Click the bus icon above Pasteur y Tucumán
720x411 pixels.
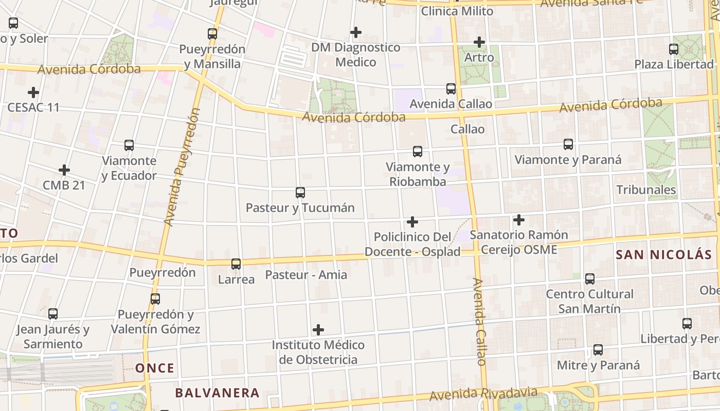tap(300, 193)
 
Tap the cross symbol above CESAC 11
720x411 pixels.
tap(33, 92)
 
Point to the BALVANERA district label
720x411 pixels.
tap(217, 393)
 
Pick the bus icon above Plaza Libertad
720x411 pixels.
tap(674, 49)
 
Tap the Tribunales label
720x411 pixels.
tap(646, 190)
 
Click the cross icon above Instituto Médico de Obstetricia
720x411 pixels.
tap(318, 329)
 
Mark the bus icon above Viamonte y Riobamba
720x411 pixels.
tap(418, 152)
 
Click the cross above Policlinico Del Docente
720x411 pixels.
tap(412, 222)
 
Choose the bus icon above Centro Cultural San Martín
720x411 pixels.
tap(590, 279)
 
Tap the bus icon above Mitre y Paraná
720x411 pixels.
tap(598, 350)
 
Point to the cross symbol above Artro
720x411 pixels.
tap(479, 42)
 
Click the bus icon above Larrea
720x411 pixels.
tap(236, 264)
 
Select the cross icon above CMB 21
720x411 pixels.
tap(64, 170)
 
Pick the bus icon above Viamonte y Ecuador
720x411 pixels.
tap(129, 145)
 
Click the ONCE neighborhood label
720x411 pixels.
tap(155, 368)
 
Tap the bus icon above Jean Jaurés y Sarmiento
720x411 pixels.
tap(53, 314)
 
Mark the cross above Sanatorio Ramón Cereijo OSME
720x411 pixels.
tap(519, 220)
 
